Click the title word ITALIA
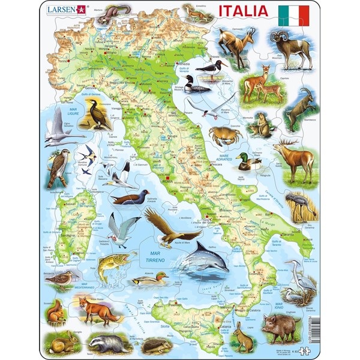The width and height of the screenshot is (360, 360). coord(244,11)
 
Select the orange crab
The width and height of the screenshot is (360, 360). coord(225,134)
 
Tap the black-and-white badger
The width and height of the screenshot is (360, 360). coord(106,343)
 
